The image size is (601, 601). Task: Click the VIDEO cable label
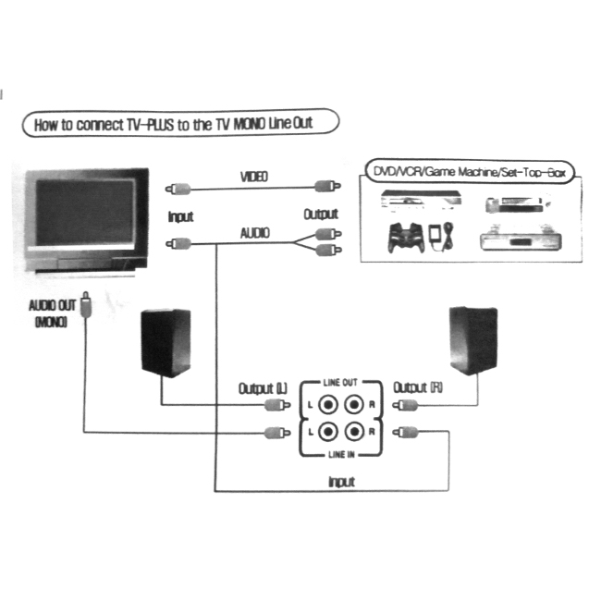click(x=254, y=177)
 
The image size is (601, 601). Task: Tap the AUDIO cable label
click(x=255, y=233)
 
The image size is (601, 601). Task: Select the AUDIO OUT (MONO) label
click(x=53, y=313)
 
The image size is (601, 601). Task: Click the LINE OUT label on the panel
click(x=340, y=383)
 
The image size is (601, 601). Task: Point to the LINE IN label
click(x=341, y=455)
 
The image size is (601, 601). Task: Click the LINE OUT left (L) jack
click(x=328, y=405)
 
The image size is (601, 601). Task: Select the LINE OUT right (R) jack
click(x=354, y=405)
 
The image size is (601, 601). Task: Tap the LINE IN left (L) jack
click(x=328, y=432)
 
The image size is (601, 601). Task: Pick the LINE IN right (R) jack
click(x=354, y=432)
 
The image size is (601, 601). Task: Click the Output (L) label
click(x=263, y=388)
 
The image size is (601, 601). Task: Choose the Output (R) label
click(x=418, y=387)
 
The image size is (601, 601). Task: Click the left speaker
click(x=166, y=343)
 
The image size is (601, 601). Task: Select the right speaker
click(x=473, y=340)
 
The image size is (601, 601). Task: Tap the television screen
click(x=85, y=213)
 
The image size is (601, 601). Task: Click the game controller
click(x=406, y=238)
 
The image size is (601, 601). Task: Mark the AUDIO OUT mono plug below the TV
click(x=86, y=305)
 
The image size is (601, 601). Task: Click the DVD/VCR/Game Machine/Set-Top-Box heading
click(x=470, y=172)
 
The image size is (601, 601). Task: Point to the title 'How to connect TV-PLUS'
click(x=104, y=125)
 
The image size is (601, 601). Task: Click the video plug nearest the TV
click(x=178, y=189)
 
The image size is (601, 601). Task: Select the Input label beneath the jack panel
click(x=341, y=482)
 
